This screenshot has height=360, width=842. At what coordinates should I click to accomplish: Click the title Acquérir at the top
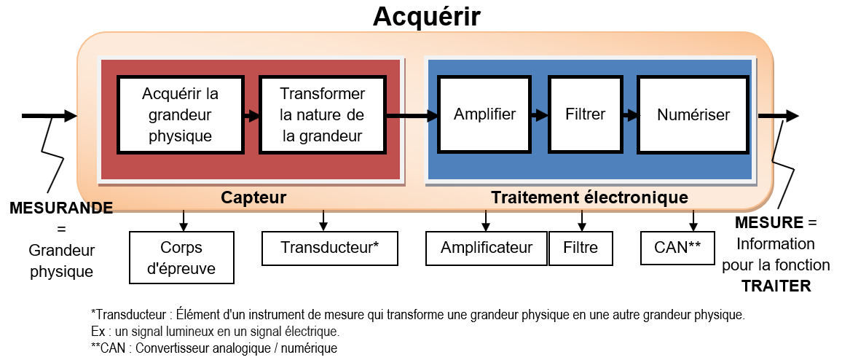[427, 16]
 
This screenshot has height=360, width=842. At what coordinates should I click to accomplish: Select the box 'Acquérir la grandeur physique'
[180, 115]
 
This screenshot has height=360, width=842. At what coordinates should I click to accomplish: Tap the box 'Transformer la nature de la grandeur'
[322, 115]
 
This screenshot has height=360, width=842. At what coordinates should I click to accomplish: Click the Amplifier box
[484, 114]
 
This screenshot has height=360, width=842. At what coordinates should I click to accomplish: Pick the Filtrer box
[585, 114]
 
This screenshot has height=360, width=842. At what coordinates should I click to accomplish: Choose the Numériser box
[693, 114]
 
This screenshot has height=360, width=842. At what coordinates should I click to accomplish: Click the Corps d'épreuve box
[182, 257]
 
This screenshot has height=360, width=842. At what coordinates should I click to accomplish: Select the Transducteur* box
[329, 248]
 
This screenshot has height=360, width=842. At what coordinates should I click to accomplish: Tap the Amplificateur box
[487, 248]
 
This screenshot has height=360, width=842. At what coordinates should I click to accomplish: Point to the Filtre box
[581, 248]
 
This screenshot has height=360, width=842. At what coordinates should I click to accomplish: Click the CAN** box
[677, 248]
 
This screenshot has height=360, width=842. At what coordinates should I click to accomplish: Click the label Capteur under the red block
[253, 197]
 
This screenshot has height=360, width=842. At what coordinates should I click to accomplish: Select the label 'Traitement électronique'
[589, 197]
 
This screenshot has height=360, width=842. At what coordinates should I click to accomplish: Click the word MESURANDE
[61, 208]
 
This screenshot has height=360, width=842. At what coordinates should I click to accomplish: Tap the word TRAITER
[776, 286]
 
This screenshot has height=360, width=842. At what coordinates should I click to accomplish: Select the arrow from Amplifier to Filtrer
[540, 115]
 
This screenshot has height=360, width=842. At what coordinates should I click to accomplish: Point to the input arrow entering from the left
[49, 115]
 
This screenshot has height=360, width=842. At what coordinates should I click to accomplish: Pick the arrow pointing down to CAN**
[693, 219]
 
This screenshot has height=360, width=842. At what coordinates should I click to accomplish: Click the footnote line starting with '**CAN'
[214, 348]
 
